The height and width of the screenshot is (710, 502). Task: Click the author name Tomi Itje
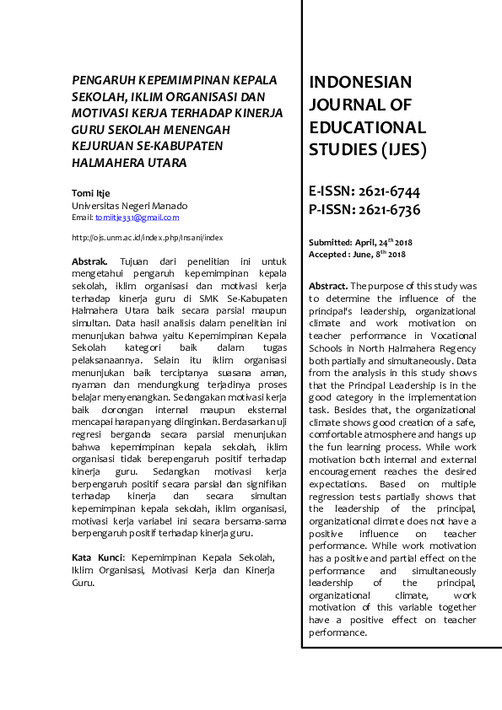point(91,193)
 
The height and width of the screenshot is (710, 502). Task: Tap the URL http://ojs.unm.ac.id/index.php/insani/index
point(147,238)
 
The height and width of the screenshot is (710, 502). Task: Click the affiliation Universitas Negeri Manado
point(130,206)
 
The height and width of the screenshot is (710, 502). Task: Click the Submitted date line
point(360,242)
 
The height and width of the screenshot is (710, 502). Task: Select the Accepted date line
point(357,254)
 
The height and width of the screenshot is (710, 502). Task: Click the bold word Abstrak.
point(89,262)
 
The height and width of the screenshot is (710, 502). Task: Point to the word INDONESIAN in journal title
point(360,83)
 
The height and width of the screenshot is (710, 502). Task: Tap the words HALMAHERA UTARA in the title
point(129,162)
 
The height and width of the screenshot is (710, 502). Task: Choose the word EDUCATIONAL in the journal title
point(367,128)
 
